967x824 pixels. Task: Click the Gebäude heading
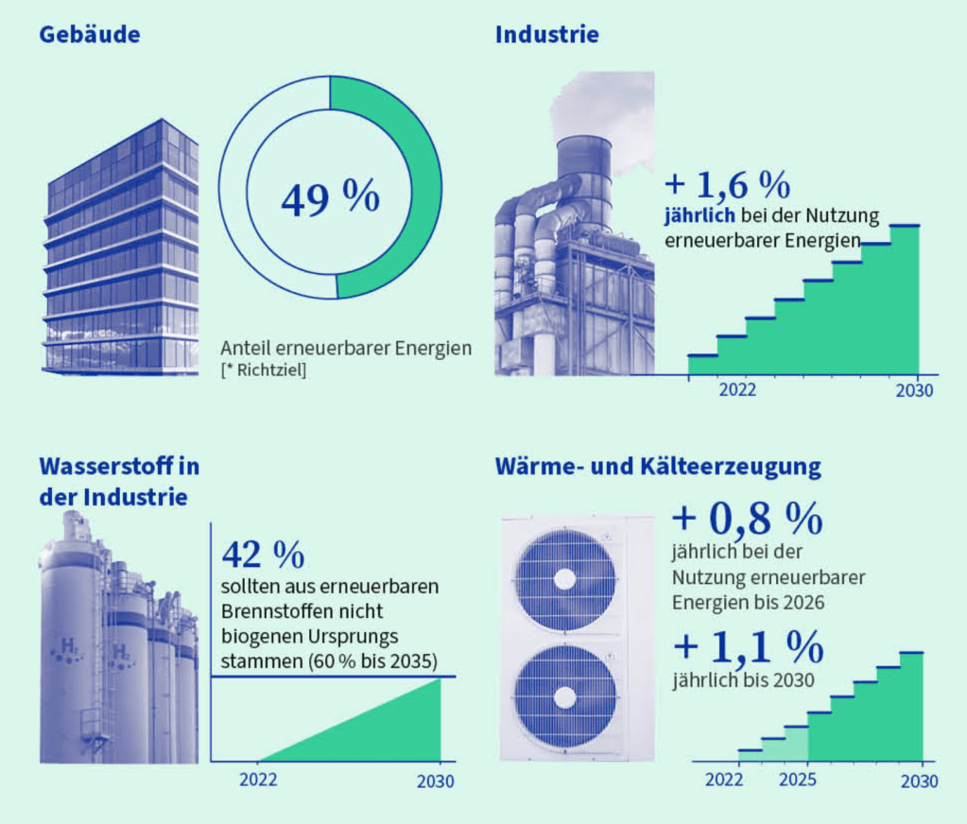[x=89, y=36]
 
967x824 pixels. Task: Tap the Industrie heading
[x=546, y=36]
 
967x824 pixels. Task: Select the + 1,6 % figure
[x=727, y=182]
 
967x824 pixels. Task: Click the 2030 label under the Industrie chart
[x=914, y=389]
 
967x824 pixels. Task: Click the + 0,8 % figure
[x=747, y=519]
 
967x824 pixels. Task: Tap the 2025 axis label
[x=799, y=781]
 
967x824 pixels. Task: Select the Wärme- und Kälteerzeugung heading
[x=658, y=467]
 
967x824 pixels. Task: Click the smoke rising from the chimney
[x=605, y=104]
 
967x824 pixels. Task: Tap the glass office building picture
[x=123, y=250]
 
